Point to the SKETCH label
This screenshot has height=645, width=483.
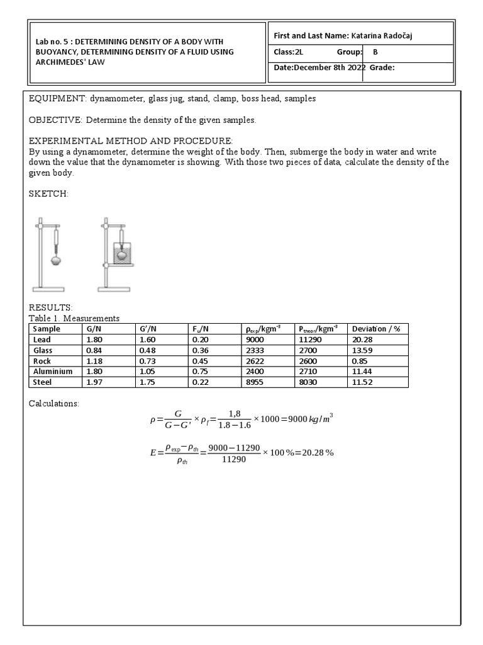pyautogui.click(x=48, y=194)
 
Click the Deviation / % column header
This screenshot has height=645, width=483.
pyautogui.click(x=376, y=328)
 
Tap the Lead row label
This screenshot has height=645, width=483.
pyautogui.click(x=42, y=339)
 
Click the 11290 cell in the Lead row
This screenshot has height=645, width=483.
pyautogui.click(x=309, y=339)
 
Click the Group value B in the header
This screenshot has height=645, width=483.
pyautogui.click(x=375, y=52)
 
